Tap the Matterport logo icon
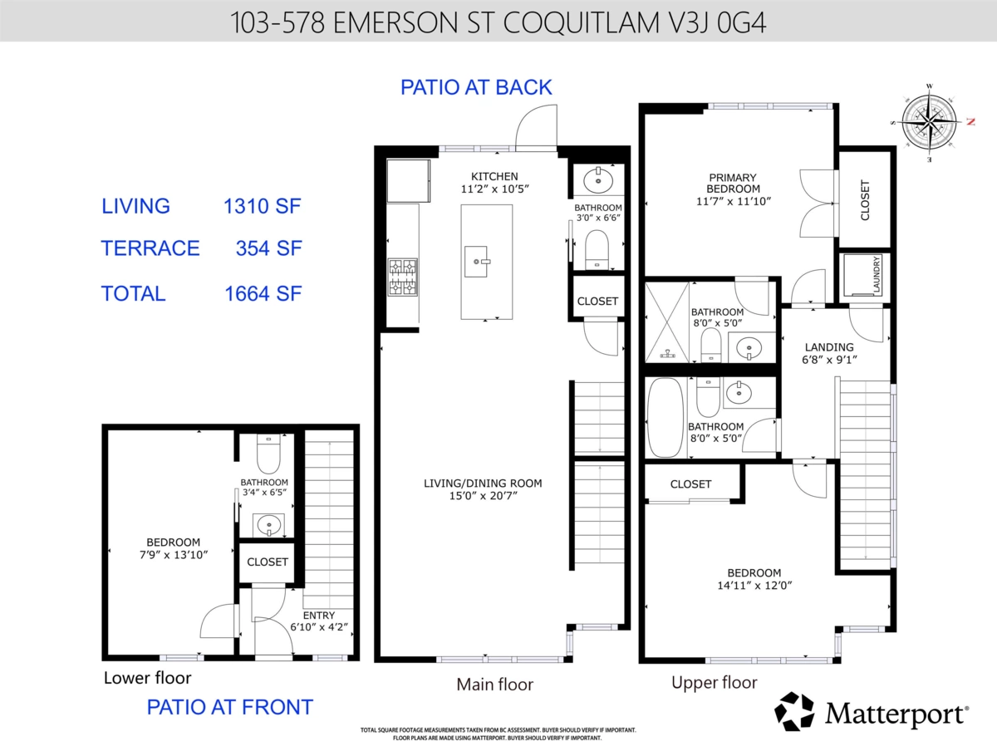point(794,711)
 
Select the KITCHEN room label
point(494,176)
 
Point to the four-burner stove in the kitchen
point(402,277)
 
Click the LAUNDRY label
point(877,274)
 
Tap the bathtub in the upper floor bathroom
point(665,417)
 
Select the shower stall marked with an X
point(667,321)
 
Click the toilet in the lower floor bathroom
point(268,454)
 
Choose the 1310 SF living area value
point(262,206)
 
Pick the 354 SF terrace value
point(268,248)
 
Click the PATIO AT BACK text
point(476,87)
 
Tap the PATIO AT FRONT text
point(230,707)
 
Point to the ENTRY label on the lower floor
point(319,616)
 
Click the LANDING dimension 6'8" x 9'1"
point(829,360)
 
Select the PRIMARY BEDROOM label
point(733,183)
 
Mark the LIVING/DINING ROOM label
point(483,483)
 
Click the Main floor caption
point(494,685)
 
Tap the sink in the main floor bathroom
point(598,181)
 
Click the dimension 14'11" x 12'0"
point(754,586)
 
